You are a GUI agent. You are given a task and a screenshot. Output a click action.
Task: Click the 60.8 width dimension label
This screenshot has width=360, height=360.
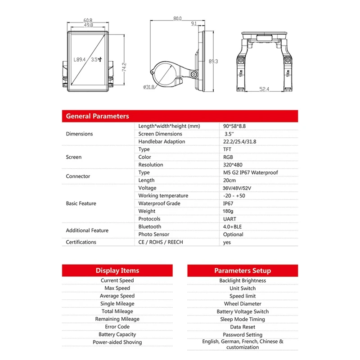pyautogui.click(x=88, y=20)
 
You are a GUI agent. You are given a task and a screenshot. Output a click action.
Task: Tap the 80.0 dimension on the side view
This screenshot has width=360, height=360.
pyautogui.click(x=177, y=18)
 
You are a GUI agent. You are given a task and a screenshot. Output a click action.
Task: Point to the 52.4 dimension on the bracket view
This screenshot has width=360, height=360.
pyautogui.click(x=264, y=90)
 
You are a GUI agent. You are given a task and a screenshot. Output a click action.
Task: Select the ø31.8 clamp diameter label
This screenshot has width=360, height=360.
pyautogui.click(x=149, y=87)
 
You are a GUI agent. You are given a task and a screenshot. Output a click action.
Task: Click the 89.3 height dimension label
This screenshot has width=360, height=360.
pyautogui.click(x=213, y=61)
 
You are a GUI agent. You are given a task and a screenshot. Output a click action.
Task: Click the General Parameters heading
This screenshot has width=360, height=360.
pyautogui.click(x=97, y=116)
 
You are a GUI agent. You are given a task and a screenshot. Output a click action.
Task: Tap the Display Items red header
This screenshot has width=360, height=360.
pyautogui.click(x=117, y=270)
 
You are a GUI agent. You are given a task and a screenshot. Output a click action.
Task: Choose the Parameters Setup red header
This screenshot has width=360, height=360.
pyautogui.click(x=243, y=270)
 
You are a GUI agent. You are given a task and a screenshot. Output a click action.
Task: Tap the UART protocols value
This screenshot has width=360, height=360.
pyautogui.click(x=229, y=219)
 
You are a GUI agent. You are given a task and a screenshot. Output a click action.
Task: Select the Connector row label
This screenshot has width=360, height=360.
pyautogui.click(x=78, y=176)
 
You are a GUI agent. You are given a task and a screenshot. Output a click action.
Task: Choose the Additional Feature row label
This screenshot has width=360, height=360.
pyautogui.click(x=87, y=230)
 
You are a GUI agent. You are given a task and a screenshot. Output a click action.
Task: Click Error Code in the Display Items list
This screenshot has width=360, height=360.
pyautogui.click(x=117, y=327)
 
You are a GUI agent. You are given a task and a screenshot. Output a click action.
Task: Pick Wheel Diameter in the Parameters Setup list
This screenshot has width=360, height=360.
pyautogui.click(x=243, y=304)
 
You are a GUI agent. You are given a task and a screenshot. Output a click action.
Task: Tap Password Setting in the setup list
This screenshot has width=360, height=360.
pyautogui.click(x=243, y=335)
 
